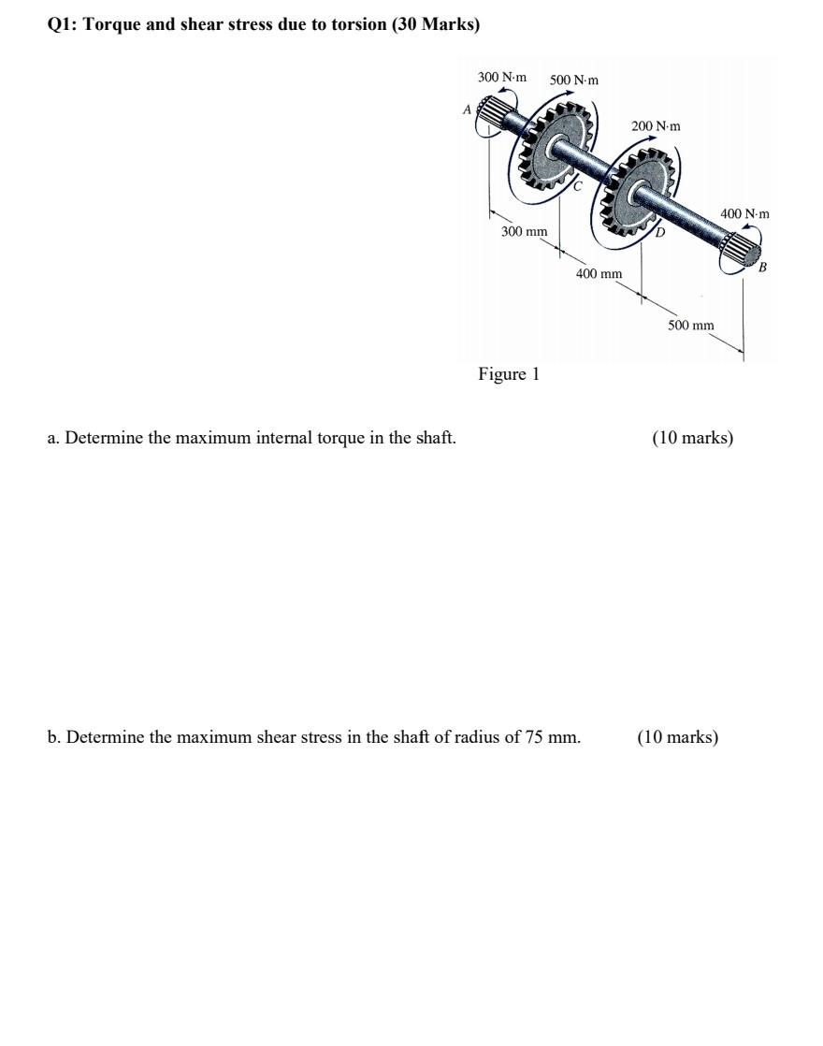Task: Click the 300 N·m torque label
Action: pyautogui.click(x=502, y=77)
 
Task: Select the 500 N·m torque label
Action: pyautogui.click(x=574, y=80)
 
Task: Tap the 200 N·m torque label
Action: pyautogui.click(x=656, y=125)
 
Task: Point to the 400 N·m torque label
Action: pyautogui.click(x=744, y=214)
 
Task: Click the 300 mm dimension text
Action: pyautogui.click(x=524, y=231)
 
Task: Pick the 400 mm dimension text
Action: pyautogui.click(x=599, y=274)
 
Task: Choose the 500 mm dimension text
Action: pyautogui.click(x=690, y=325)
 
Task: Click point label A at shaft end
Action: pyautogui.click(x=467, y=109)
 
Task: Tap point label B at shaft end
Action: pyautogui.click(x=762, y=268)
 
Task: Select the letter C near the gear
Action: pyautogui.click(x=578, y=186)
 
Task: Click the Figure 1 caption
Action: pyautogui.click(x=509, y=374)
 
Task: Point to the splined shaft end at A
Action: pyautogui.click(x=494, y=117)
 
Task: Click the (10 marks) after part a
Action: pyautogui.click(x=692, y=438)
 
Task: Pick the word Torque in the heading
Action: pyautogui.click(x=109, y=24)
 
